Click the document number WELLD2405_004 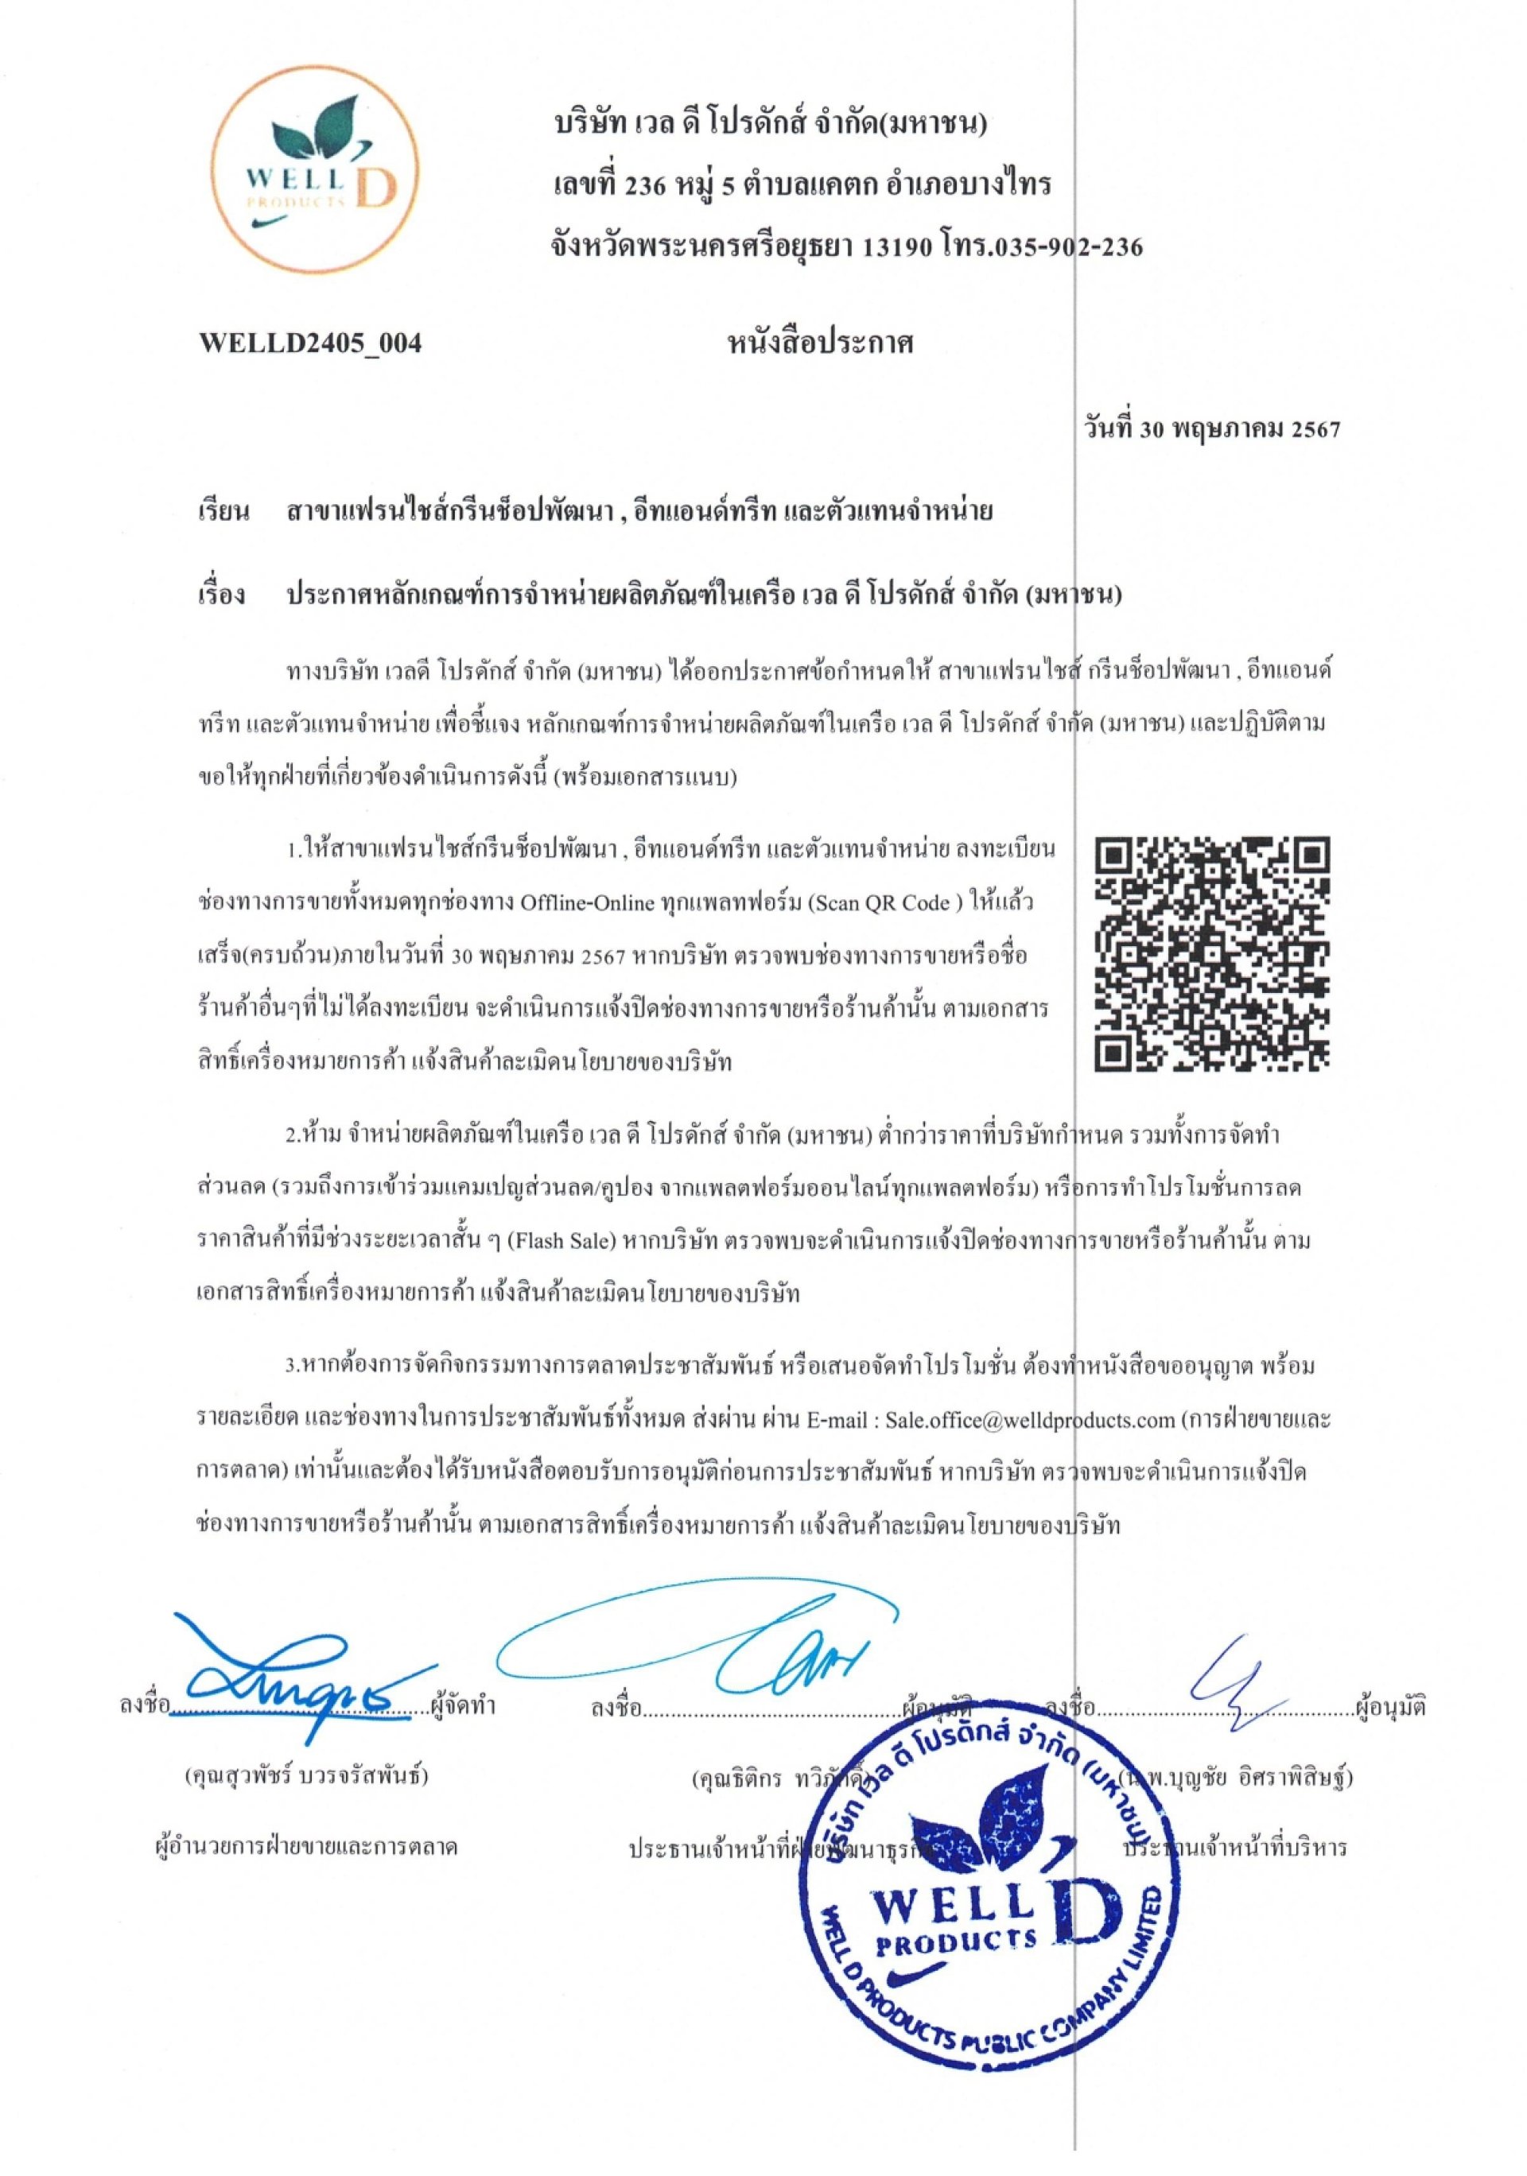pos(310,343)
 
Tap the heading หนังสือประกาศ pos(819,343)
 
